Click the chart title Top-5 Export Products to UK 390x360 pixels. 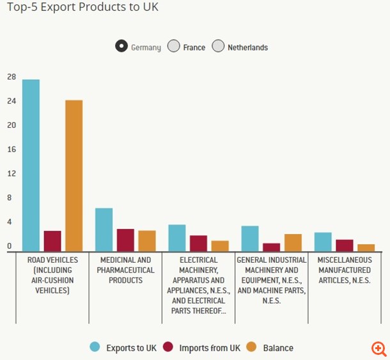click(82, 8)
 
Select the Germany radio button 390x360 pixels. click(121, 47)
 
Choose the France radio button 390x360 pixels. click(173, 47)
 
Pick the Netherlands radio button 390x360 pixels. click(218, 47)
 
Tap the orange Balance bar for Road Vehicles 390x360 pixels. click(74, 176)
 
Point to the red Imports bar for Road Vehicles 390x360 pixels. click(52, 241)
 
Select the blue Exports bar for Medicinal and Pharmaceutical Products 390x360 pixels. click(104, 230)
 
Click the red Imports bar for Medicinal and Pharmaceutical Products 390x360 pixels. click(125, 240)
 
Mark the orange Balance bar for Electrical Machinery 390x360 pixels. click(220, 246)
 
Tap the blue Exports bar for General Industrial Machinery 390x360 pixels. click(249, 239)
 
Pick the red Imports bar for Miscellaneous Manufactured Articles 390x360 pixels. click(345, 246)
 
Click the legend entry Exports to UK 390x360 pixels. click(123, 347)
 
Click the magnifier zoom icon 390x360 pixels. click(379, 348)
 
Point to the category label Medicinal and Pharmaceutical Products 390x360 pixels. click(126, 270)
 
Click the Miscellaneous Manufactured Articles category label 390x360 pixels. click(344, 270)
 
